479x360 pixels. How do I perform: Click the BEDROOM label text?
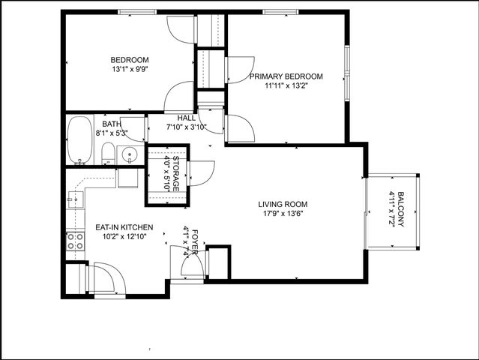[x=130, y=60]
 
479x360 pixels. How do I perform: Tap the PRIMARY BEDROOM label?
[x=286, y=76]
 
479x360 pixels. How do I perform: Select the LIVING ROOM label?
[x=283, y=204]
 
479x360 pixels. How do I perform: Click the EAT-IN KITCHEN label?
[x=124, y=227]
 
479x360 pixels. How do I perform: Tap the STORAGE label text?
[x=176, y=173]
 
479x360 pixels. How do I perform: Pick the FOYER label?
[x=195, y=241]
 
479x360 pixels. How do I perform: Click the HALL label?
[x=187, y=118]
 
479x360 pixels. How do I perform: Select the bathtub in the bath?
[x=78, y=140]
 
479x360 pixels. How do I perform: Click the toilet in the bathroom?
[x=107, y=154]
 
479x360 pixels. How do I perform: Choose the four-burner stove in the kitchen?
[x=75, y=241]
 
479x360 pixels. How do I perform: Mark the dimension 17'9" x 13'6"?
[x=283, y=214]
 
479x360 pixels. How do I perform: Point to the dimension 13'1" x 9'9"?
[x=130, y=70]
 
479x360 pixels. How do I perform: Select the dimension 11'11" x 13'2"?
[x=286, y=85]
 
